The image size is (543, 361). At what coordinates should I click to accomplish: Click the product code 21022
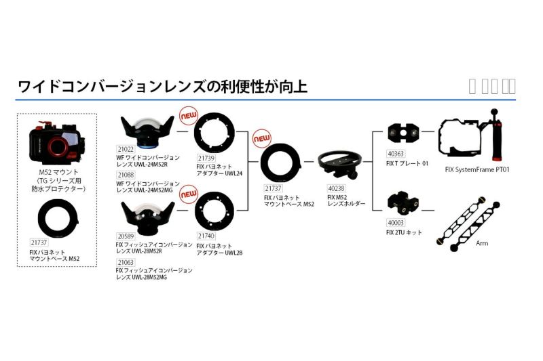[126, 148]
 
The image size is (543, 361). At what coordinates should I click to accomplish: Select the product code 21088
[126, 174]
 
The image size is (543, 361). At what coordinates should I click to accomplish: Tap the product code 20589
[125, 236]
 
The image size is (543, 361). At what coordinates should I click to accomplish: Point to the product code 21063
[125, 261]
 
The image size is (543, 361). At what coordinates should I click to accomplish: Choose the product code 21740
[206, 235]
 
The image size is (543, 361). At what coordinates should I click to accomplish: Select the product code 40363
[396, 153]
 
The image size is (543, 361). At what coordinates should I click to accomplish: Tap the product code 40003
[396, 222]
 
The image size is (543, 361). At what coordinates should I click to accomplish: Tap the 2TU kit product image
[401, 203]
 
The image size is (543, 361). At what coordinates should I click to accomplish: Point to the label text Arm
[483, 242]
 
